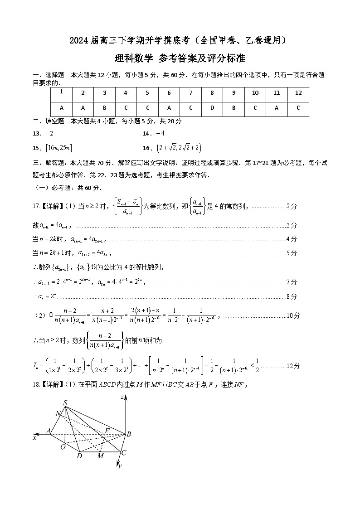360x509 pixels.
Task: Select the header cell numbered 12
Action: point(298,93)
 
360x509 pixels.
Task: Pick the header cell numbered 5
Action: point(147,93)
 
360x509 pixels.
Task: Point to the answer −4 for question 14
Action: point(160,133)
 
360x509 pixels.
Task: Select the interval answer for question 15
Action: point(59,148)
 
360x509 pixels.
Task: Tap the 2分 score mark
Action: point(292,206)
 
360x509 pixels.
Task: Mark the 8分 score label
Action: point(292,296)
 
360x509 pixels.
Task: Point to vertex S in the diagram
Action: point(65,403)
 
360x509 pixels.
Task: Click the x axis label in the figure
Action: point(34,438)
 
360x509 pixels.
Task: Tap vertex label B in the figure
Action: point(129,434)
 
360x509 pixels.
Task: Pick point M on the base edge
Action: point(100,456)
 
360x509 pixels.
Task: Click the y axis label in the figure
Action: point(120,465)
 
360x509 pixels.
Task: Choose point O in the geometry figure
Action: point(63,447)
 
